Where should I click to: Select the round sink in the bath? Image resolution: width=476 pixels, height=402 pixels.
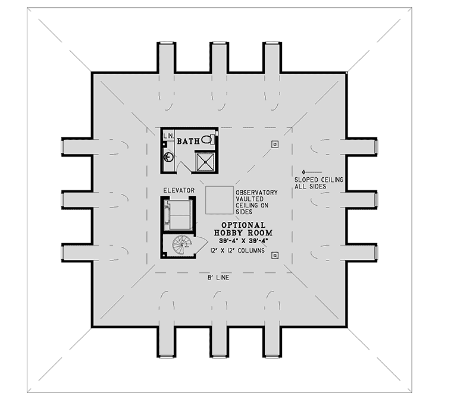click(168, 158)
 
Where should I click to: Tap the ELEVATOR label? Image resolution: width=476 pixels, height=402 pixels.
click(179, 190)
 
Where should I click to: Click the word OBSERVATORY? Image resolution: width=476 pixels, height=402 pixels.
click(256, 193)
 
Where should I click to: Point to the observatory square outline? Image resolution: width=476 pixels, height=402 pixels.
click(219, 200)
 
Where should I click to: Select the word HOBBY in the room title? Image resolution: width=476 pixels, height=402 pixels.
click(228, 233)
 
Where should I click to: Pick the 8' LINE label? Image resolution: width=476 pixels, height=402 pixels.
click(218, 277)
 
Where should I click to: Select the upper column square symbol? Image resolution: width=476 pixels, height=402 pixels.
click(274, 143)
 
